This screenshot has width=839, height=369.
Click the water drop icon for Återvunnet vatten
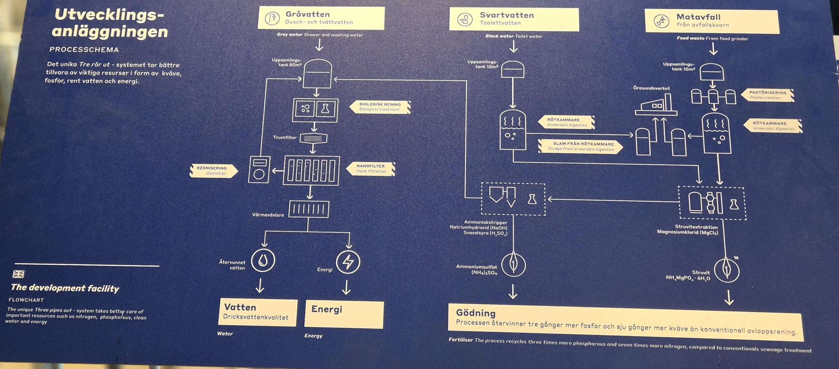(263, 260)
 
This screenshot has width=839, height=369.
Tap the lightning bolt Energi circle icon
(348, 262)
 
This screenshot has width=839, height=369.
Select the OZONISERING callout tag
(213, 170)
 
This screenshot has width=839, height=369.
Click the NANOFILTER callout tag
(371, 168)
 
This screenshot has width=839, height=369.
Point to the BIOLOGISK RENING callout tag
(380, 107)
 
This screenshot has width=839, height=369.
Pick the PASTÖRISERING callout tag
(767, 95)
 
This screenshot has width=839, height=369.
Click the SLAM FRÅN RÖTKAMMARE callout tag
(581, 146)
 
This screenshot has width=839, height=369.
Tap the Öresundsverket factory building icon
(656, 105)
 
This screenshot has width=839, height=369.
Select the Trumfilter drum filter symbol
(313, 138)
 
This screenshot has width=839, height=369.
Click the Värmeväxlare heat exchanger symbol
(309, 209)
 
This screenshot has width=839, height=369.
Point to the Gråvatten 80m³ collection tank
(317, 74)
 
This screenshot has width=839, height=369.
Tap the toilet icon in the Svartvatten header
(465, 19)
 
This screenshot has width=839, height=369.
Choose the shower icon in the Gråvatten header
(273, 18)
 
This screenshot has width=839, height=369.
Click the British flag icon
(18, 274)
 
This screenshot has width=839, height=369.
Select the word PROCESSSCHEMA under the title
(84, 50)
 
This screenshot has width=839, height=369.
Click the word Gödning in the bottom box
(476, 313)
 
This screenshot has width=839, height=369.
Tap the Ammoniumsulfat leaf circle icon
(513, 264)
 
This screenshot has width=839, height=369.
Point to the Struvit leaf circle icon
(727, 270)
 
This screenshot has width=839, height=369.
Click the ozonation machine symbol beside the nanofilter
(259, 169)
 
